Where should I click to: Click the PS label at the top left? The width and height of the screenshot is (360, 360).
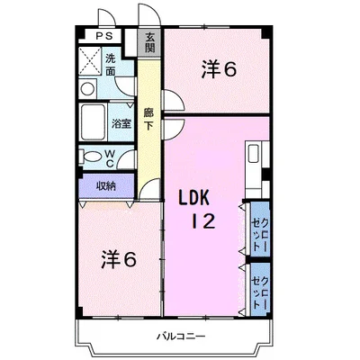click(104, 36)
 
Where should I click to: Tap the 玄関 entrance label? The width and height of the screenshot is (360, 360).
click(150, 42)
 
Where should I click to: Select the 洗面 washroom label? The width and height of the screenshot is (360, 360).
click(111, 65)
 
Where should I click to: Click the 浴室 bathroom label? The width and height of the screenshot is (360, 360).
click(121, 123)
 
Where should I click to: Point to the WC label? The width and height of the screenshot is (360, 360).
click(110, 158)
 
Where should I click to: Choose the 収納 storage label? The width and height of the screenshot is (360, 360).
click(106, 186)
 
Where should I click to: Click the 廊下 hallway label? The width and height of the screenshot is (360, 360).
click(148, 119)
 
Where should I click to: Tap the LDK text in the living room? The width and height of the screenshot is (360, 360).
click(193, 198)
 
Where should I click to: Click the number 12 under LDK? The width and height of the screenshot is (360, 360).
click(203, 221)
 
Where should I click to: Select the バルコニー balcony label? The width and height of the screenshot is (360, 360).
click(182, 336)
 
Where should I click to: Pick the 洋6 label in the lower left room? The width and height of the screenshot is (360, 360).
click(119, 258)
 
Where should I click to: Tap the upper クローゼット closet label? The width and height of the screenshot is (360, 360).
click(260, 229)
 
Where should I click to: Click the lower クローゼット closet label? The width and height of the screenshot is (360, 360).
click(260, 289)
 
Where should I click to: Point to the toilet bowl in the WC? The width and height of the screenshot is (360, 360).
click(91, 157)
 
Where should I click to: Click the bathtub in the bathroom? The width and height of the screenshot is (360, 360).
click(93, 122)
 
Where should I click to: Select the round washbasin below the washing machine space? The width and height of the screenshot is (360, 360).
click(87, 88)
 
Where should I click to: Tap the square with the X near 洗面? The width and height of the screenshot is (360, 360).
click(90, 61)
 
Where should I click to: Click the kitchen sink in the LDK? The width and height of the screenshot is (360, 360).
click(254, 153)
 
